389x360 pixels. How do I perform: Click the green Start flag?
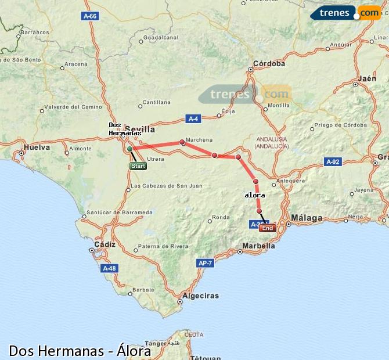tap(138, 166)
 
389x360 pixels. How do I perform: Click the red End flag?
tap(267, 228)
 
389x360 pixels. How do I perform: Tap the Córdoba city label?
tap(269, 64)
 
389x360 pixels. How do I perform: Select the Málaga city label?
tap(307, 218)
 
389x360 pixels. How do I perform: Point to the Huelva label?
tap(37, 147)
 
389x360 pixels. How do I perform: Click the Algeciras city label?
tap(200, 296)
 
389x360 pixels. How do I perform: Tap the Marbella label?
tap(258, 246)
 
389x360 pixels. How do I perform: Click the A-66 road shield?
tap(90, 16)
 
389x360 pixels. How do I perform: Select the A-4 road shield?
tap(194, 119)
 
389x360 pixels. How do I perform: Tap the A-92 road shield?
tap(333, 162)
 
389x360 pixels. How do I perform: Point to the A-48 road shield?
tap(109, 268)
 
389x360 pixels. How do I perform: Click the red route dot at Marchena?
tap(182, 142)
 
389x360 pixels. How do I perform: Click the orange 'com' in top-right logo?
tap(369, 12)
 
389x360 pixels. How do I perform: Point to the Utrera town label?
tap(156, 159)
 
